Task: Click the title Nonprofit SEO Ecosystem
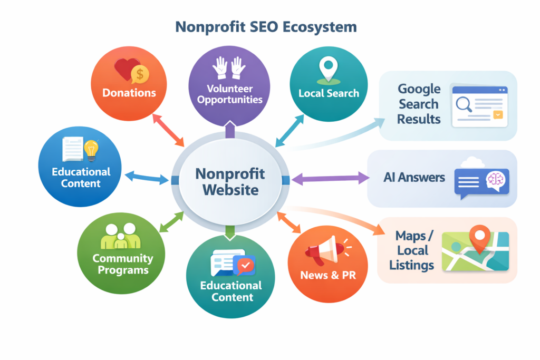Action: [266, 27]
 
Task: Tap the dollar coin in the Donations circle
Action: [140, 74]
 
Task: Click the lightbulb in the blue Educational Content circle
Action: [92, 150]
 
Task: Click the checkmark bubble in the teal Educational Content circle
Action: [244, 265]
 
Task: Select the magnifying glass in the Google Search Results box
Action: [464, 104]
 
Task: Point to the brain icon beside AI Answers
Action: [496, 180]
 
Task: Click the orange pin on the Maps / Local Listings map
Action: [479, 237]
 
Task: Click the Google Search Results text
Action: [419, 104]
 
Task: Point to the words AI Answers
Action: [414, 178]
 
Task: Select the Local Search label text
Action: [329, 93]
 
